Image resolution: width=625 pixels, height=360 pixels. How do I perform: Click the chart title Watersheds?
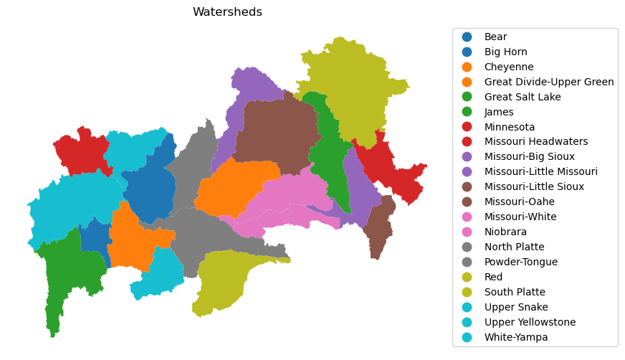pyautogui.click(x=227, y=12)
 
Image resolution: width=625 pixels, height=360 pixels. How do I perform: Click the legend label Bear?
pyautogui.click(x=495, y=37)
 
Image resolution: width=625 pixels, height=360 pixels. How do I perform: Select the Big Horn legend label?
pyautogui.click(x=505, y=52)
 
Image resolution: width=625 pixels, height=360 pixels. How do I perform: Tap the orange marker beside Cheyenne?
pyautogui.click(x=467, y=67)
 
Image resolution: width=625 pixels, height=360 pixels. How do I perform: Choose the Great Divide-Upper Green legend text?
pyautogui.click(x=549, y=82)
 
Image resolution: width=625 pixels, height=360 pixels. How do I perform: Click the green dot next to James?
pyautogui.click(x=467, y=112)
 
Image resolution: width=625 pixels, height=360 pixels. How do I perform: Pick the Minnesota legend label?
pyautogui.click(x=510, y=127)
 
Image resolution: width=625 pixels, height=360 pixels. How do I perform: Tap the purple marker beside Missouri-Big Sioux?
pyautogui.click(x=467, y=157)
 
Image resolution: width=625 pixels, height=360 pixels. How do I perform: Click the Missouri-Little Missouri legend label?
pyautogui.click(x=540, y=172)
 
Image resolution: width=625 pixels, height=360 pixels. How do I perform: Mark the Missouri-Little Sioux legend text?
pyautogui.click(x=534, y=187)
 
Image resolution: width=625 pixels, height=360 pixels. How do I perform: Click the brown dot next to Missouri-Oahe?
pyautogui.click(x=467, y=202)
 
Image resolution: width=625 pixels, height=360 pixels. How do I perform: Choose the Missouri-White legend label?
pyautogui.click(x=520, y=217)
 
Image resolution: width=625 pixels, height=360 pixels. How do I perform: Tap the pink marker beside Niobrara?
pyautogui.click(x=467, y=232)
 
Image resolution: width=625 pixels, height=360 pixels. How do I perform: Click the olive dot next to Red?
pyautogui.click(x=467, y=278)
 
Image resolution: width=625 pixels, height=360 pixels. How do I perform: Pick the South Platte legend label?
pyautogui.click(x=515, y=293)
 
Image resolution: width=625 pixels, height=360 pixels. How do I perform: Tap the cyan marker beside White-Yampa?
pyautogui.click(x=467, y=338)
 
